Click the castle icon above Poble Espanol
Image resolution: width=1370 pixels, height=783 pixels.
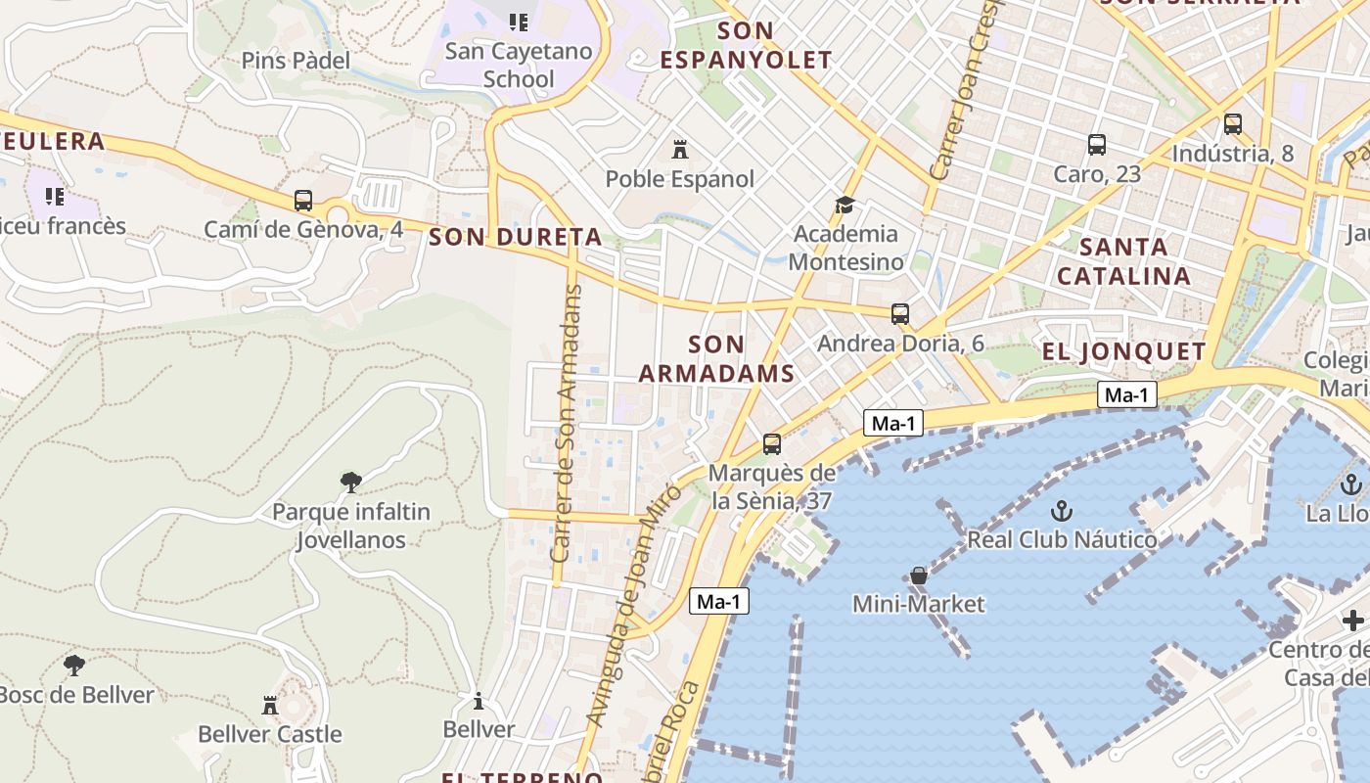click(x=679, y=150)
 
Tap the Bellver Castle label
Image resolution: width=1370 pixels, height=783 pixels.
click(x=270, y=734)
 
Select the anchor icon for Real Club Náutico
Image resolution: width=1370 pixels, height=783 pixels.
click(x=1061, y=510)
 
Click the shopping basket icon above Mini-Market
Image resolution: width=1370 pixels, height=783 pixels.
click(x=918, y=576)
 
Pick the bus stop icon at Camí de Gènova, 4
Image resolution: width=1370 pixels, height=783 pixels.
click(x=303, y=201)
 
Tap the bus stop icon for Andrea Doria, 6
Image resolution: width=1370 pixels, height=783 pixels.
click(x=900, y=314)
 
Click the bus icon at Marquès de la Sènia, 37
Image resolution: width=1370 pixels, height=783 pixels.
click(x=772, y=444)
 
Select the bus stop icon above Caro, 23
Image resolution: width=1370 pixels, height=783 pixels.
click(x=1097, y=145)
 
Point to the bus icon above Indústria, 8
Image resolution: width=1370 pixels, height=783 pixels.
click(x=1232, y=124)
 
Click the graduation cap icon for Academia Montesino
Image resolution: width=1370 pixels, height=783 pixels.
click(x=844, y=205)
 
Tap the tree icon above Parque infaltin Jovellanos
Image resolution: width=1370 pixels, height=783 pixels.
click(x=350, y=482)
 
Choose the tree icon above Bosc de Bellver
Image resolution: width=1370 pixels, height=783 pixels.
click(x=73, y=666)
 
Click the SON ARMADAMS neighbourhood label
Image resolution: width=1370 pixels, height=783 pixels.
click(x=716, y=358)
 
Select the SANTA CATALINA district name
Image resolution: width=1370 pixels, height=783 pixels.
click(x=1123, y=261)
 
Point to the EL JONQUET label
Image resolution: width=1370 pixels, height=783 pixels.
click(x=1123, y=351)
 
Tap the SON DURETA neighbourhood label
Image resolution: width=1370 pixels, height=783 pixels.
click(x=515, y=236)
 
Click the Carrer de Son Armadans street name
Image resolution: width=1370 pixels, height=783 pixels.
click(x=567, y=423)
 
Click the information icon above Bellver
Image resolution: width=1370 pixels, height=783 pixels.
click(x=479, y=701)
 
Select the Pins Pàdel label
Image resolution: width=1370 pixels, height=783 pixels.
click(x=296, y=61)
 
